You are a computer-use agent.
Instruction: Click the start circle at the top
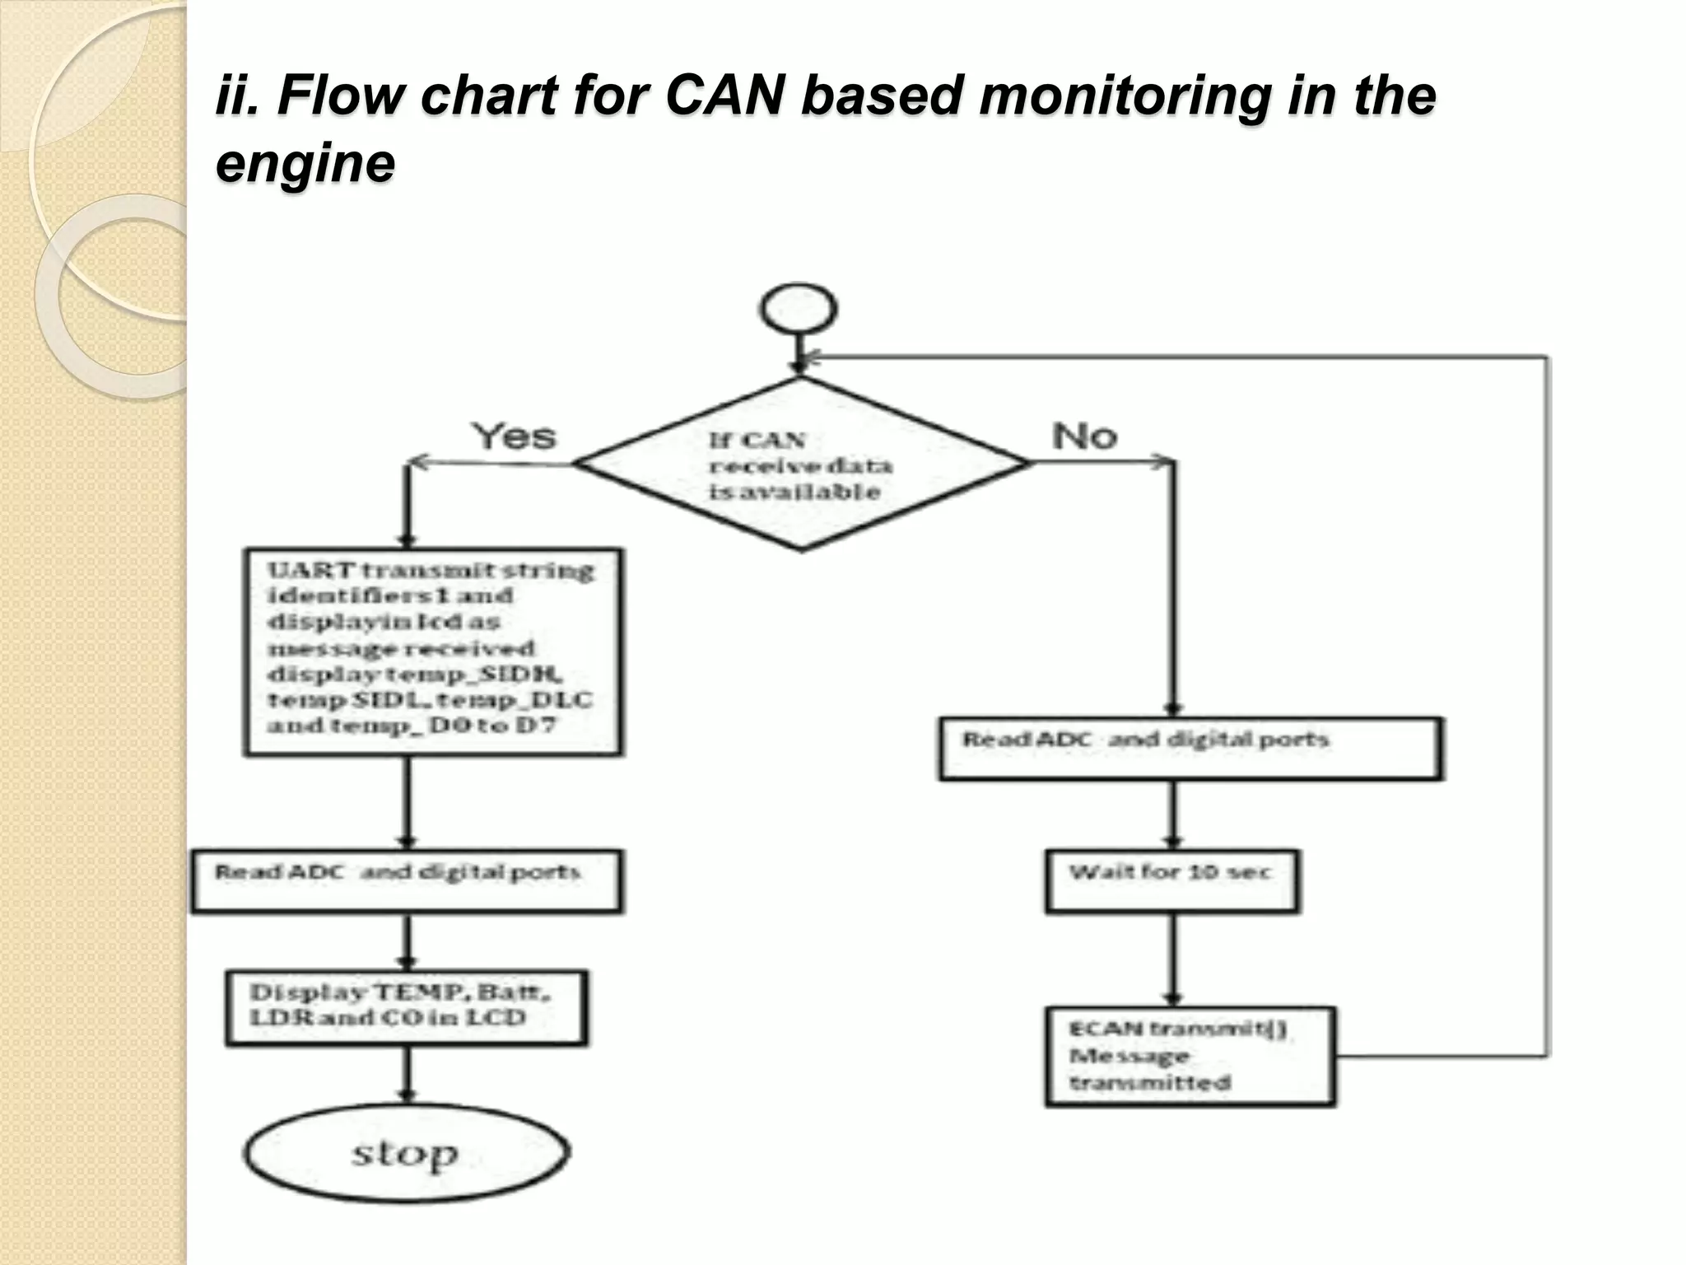coord(798,310)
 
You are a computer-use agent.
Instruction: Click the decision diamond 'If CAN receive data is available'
coord(800,464)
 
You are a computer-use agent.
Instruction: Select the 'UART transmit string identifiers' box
coord(432,651)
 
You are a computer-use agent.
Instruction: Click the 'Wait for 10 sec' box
coord(1171,881)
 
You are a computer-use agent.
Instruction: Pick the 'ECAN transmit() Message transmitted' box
coord(1189,1056)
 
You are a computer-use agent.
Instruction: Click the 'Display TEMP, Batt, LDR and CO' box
coord(407,1007)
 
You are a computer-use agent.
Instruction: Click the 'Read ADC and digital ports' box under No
coord(1190,749)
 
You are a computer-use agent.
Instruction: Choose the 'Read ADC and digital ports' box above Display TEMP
coord(407,881)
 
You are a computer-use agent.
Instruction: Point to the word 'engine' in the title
coord(305,163)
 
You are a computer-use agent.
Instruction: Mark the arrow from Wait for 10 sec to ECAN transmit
coord(1173,959)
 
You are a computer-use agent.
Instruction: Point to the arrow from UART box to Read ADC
coord(407,803)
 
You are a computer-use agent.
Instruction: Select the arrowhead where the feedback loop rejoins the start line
coord(811,357)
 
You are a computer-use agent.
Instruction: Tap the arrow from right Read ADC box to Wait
coord(1173,815)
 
